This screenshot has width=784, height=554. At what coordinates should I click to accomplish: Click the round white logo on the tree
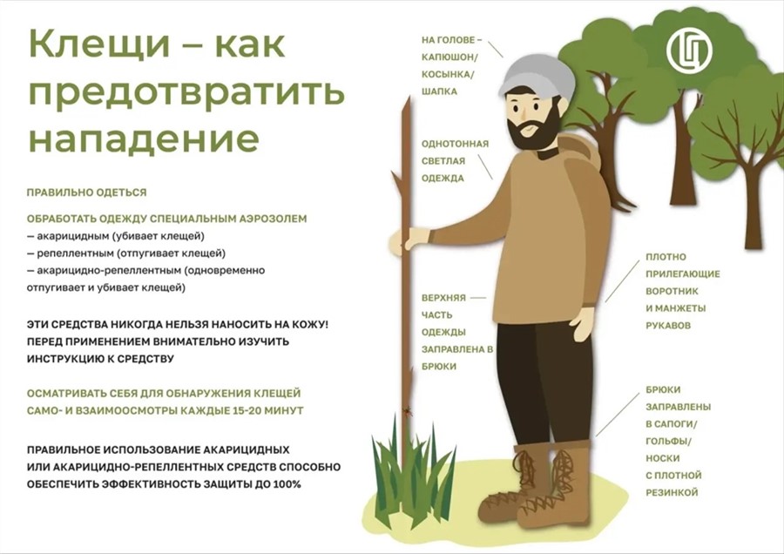point(690,51)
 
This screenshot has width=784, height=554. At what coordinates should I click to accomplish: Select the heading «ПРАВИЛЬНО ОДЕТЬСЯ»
point(86,193)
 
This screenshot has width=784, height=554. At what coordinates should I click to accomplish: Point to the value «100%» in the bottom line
point(287,484)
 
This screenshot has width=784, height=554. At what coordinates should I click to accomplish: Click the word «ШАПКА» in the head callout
point(440,91)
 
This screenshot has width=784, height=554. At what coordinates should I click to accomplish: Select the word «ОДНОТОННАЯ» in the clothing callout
point(455,144)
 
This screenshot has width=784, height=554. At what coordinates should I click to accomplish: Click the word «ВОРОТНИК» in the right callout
point(672,291)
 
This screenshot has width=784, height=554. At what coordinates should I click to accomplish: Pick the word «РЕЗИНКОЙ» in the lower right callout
point(672,492)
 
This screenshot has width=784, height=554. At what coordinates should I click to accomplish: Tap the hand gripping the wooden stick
point(415,239)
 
